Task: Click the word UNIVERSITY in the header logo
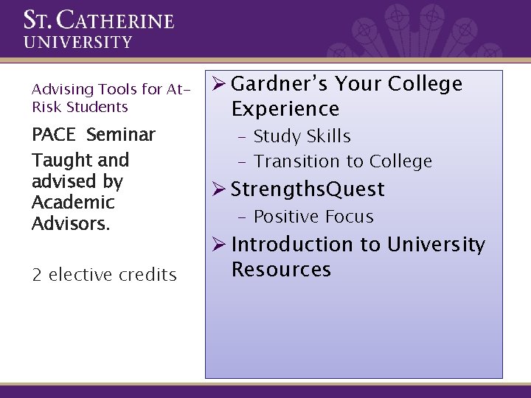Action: [78, 42]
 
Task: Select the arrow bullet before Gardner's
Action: [218, 84]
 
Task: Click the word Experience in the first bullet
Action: [285, 110]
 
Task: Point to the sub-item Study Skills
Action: [302, 136]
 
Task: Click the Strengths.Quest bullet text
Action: [308, 189]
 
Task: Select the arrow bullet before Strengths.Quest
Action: [218, 189]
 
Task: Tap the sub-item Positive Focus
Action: [313, 217]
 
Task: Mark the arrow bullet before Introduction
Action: [218, 244]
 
